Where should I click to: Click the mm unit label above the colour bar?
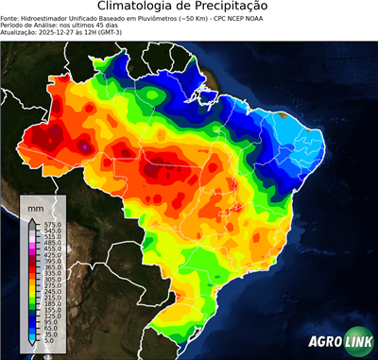click(x=35, y=205)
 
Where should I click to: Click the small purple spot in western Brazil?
click(x=84, y=147)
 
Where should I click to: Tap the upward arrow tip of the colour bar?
click(x=31, y=218)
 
